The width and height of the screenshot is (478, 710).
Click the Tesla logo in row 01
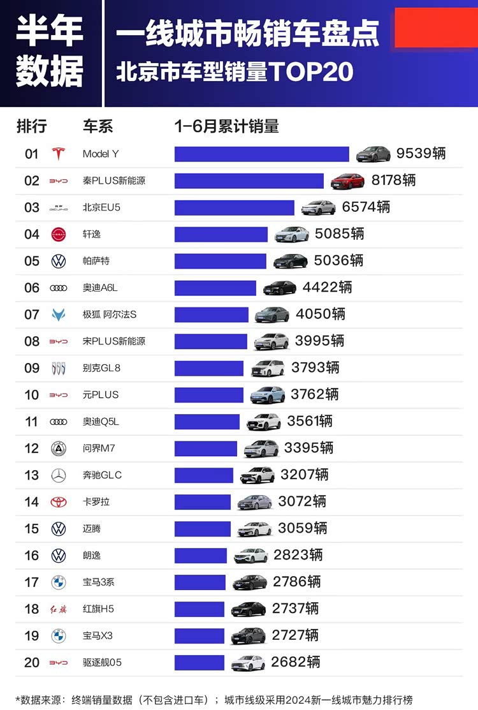58,154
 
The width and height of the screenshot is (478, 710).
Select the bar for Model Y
261,154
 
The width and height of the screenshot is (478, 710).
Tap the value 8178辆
393,181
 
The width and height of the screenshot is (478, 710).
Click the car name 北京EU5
101,207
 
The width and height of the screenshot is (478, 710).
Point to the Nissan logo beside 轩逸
58,234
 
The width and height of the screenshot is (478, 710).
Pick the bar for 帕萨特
220,261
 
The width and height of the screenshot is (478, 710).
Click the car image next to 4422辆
279,288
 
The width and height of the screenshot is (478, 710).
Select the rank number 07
32,314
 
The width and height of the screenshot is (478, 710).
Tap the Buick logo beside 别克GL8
58,368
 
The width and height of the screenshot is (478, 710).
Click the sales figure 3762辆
314,395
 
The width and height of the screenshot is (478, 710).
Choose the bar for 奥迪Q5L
206,422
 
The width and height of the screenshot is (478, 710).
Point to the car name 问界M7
99,448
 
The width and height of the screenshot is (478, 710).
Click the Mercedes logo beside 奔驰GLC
58,475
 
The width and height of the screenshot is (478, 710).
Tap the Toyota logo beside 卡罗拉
58,502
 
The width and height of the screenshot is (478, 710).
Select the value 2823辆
298,555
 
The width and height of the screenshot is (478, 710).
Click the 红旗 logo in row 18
58,609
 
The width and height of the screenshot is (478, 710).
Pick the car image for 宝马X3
248,635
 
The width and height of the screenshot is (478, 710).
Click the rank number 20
32,662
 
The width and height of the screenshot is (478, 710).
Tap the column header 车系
98,126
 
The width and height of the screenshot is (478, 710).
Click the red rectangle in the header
436,27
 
